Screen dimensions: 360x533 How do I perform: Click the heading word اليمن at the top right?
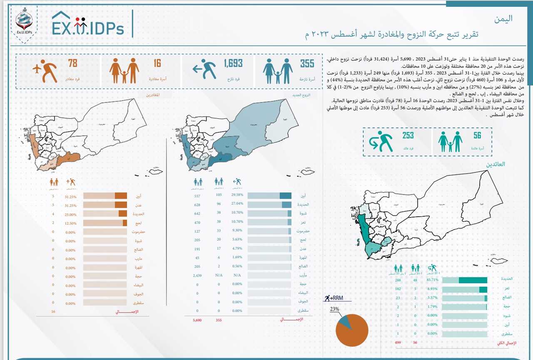503,18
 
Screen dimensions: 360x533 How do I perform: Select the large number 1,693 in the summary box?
233,63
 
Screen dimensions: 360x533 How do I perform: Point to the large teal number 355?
307,63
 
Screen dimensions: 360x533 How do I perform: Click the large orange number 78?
72,63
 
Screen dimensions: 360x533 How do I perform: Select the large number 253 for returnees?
408,135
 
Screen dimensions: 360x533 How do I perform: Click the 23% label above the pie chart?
335,310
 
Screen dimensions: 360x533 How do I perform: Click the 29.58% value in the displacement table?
237,195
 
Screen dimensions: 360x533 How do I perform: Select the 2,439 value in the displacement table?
197,275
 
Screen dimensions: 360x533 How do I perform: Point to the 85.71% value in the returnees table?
431,280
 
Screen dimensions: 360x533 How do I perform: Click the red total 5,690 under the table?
197,320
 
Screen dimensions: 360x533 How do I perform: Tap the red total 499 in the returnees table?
398,342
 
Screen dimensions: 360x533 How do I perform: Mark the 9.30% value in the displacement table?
237,230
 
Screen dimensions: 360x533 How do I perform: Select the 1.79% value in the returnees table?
431,307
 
